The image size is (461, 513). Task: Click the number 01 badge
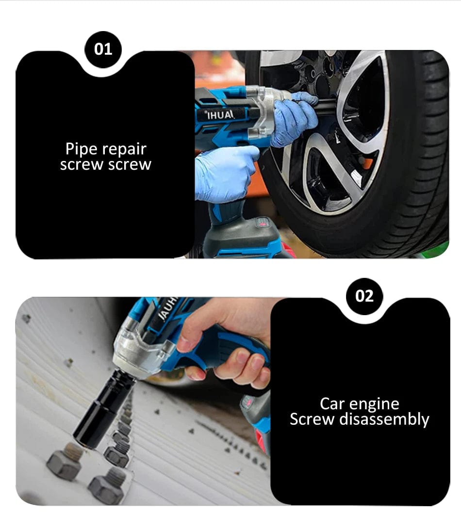pyautogui.click(x=103, y=49)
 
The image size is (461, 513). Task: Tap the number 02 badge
pyautogui.click(x=364, y=296)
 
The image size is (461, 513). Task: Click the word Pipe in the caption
pyautogui.click(x=81, y=149)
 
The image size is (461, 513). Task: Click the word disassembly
pyautogui.click(x=384, y=420)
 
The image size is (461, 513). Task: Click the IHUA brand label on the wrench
pyautogui.click(x=220, y=114)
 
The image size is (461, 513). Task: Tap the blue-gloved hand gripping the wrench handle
pyautogui.click(x=224, y=174)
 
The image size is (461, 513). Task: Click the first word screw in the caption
pyautogui.click(x=82, y=165)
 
